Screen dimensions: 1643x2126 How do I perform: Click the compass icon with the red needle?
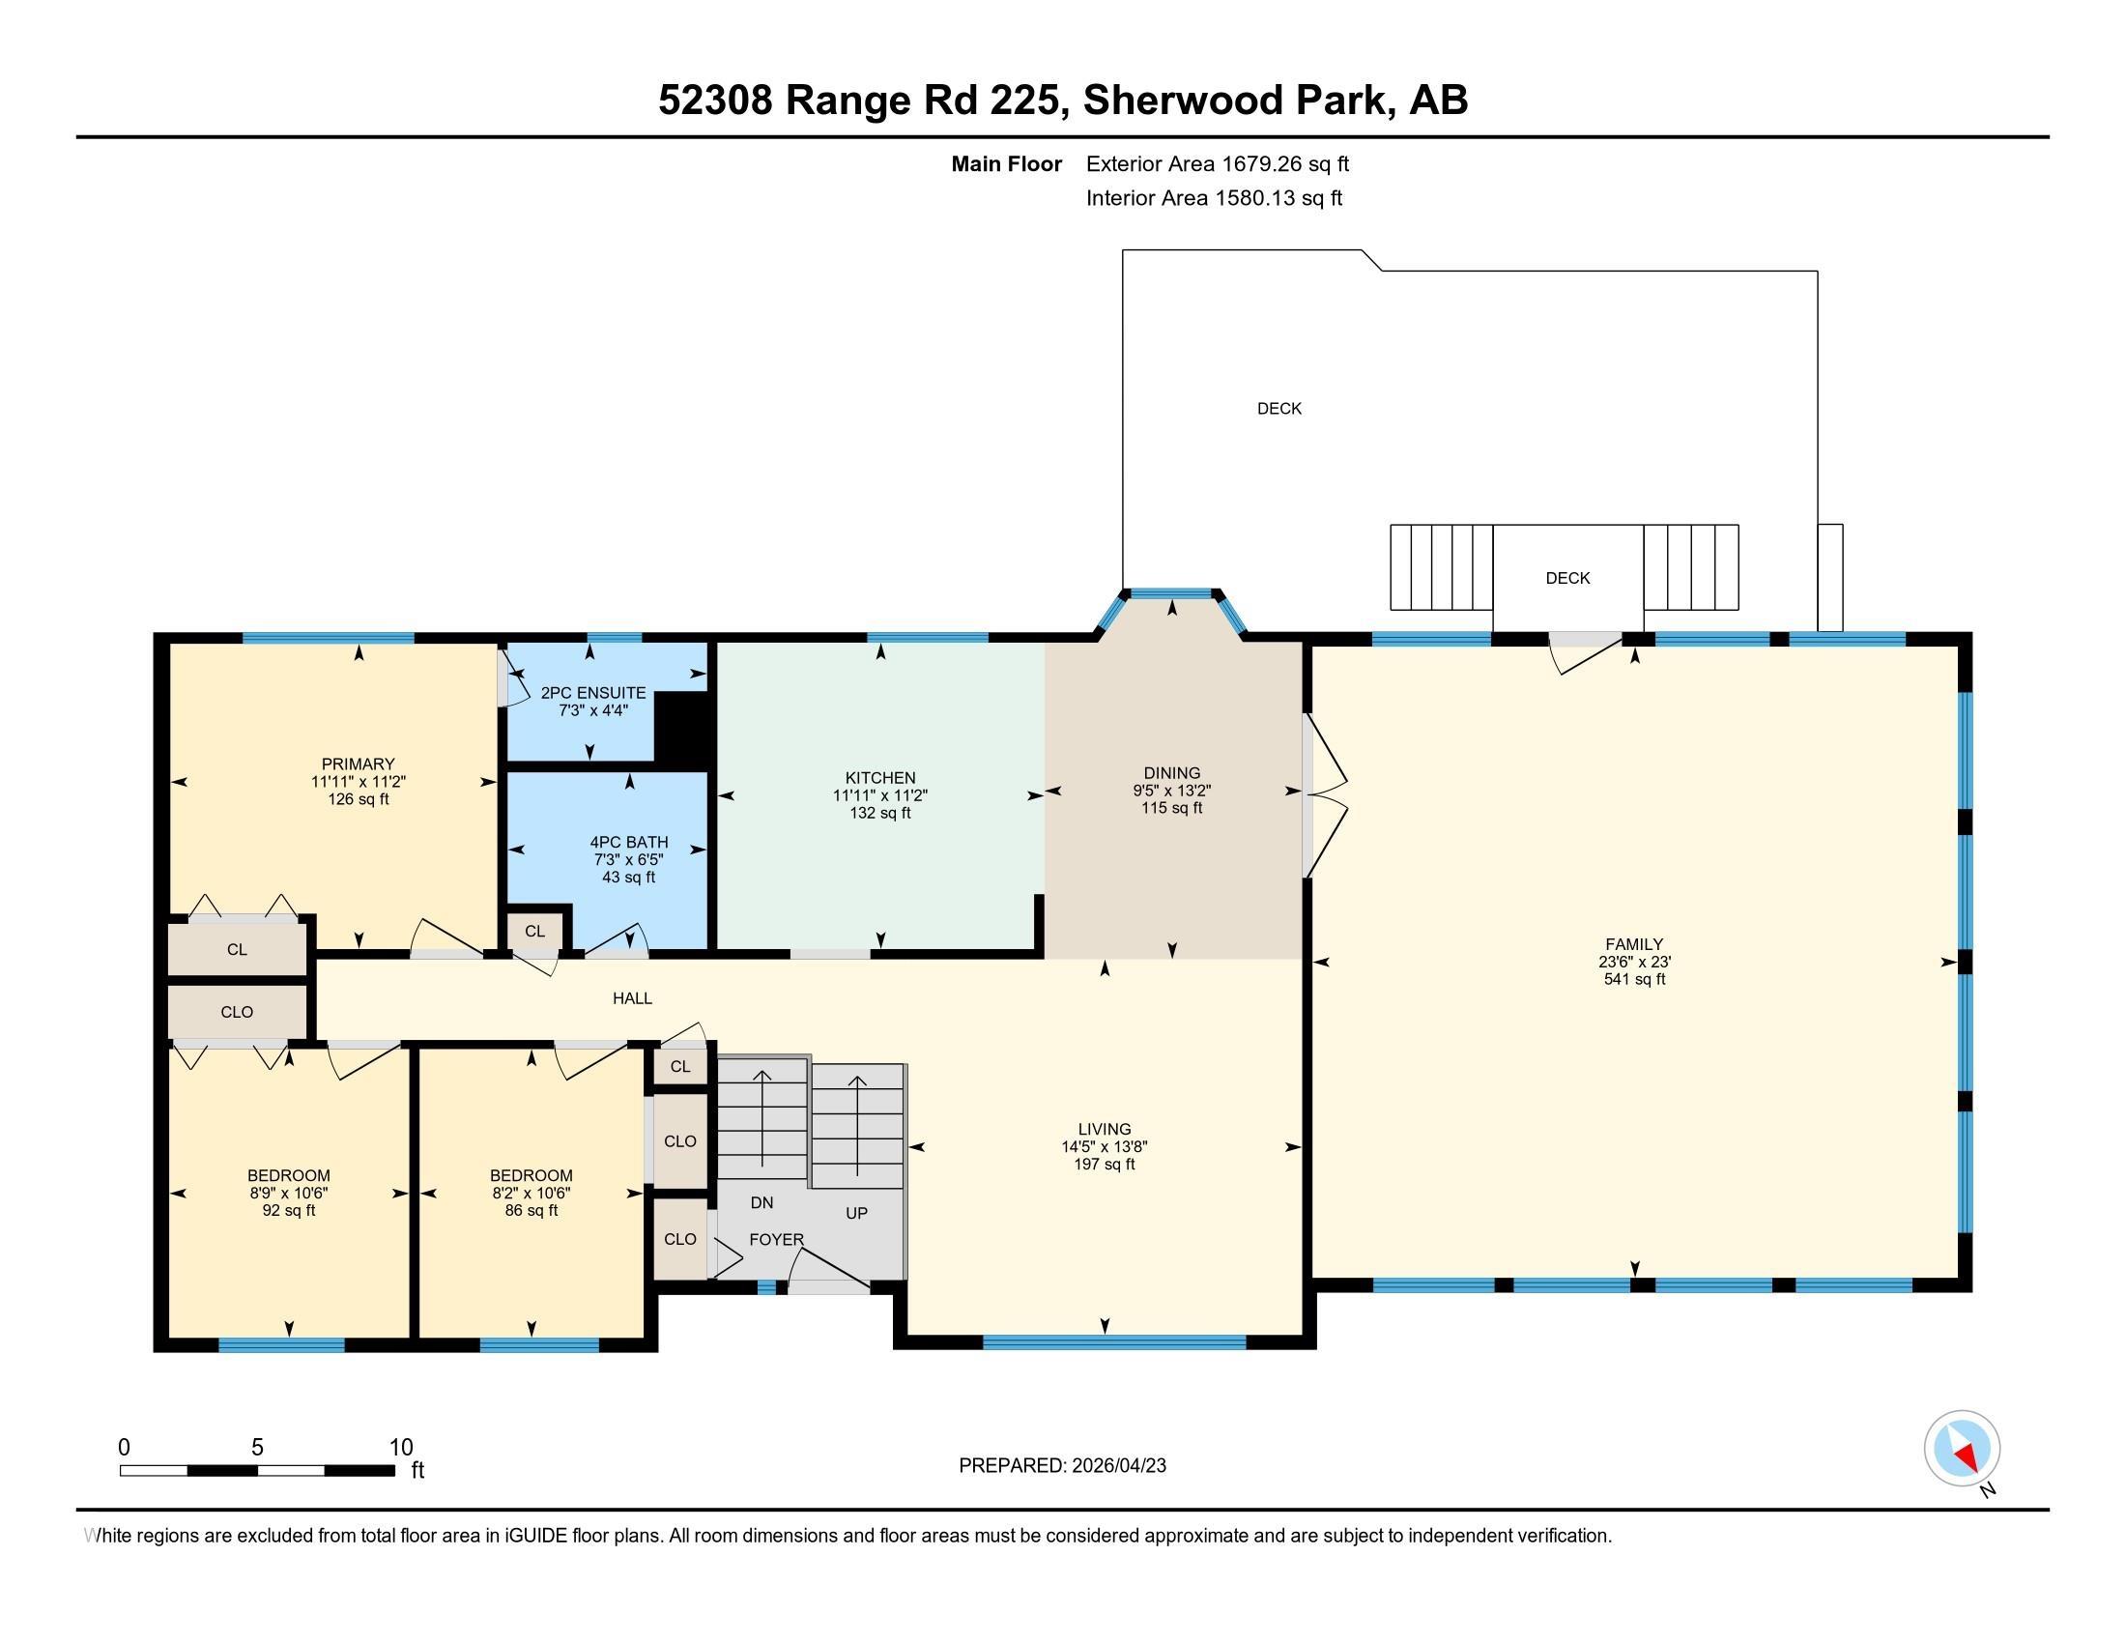pos(1962,1448)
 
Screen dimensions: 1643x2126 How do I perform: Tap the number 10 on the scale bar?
pos(401,1448)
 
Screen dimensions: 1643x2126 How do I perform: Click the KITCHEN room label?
pos(880,778)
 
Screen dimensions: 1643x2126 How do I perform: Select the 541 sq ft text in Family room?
pos(1634,979)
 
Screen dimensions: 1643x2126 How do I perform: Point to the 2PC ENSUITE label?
pos(592,693)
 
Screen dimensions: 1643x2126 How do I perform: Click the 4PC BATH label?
pos(629,842)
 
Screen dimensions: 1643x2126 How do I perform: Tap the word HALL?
pos(632,997)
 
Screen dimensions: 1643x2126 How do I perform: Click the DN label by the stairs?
pos(761,1203)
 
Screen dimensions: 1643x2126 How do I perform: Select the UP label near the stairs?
pos(855,1213)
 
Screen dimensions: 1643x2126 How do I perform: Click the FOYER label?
pos(776,1239)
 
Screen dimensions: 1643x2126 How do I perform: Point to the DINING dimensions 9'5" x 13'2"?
pos(1172,791)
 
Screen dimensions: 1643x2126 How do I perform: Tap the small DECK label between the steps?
pos(1567,578)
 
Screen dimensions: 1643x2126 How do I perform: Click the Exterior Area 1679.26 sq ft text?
pos(1217,163)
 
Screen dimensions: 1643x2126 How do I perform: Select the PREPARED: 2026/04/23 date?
pos(1062,1466)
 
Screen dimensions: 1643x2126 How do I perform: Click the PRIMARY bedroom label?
pos(359,764)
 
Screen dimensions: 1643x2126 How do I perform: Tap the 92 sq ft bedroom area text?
pos(289,1210)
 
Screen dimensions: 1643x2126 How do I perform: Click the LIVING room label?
pos(1104,1129)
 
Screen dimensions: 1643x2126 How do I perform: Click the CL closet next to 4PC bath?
pos(534,931)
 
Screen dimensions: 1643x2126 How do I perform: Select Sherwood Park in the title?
pos(1235,100)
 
